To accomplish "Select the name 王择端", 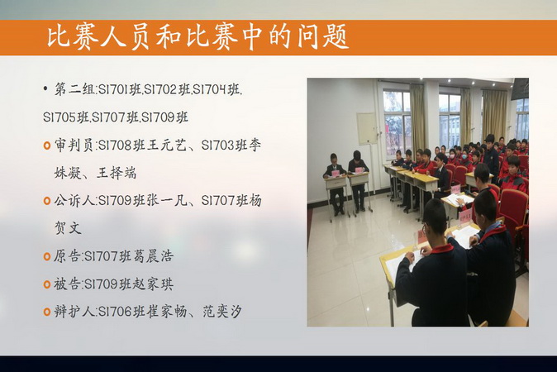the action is point(117,173).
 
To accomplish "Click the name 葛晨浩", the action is point(154,255).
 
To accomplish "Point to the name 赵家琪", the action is point(154,284).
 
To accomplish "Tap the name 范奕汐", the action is point(222,312).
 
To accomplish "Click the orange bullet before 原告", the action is point(47,256).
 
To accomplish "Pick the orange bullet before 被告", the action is point(47,284).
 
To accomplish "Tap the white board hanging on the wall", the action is point(367,129).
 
